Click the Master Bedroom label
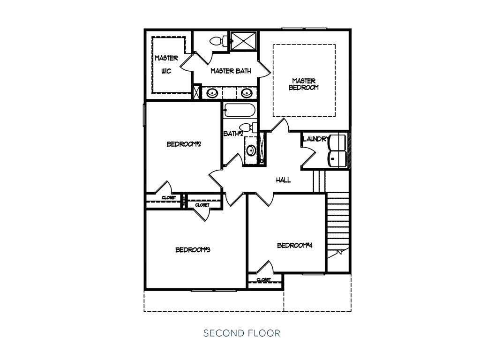click(x=304, y=84)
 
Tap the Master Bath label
click(x=231, y=71)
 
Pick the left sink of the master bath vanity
click(x=212, y=92)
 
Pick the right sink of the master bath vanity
click(x=247, y=92)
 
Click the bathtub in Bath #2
click(x=239, y=110)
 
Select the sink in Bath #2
click(x=251, y=150)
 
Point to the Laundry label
click(x=315, y=139)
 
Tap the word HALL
click(x=284, y=180)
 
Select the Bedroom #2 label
click(x=184, y=144)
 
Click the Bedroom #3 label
click(x=193, y=250)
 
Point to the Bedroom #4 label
click(x=294, y=246)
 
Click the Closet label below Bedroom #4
click(x=264, y=280)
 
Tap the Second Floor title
click(x=242, y=333)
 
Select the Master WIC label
click(x=166, y=65)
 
